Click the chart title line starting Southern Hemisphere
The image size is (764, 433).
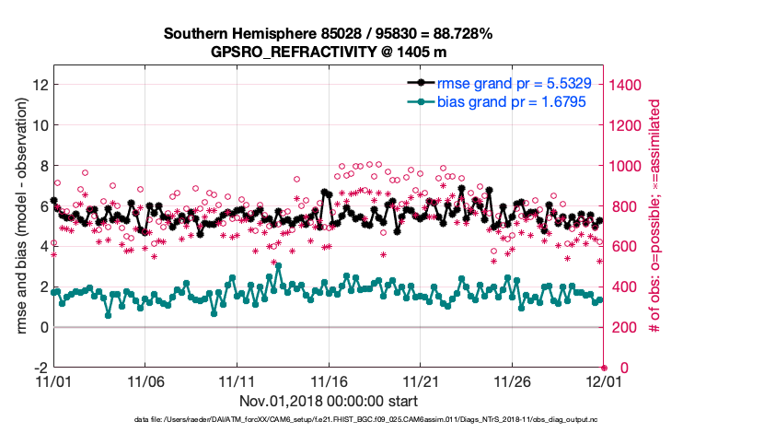[328, 33]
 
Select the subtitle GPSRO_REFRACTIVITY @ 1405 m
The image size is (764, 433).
[328, 52]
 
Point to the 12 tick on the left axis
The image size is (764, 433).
[39, 84]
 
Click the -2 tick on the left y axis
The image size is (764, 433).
[41, 368]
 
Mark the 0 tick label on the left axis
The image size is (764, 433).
[42, 327]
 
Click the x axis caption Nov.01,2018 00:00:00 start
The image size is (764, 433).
[328, 401]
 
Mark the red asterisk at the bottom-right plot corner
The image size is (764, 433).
[604, 368]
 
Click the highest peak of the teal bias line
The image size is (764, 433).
[278, 266]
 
